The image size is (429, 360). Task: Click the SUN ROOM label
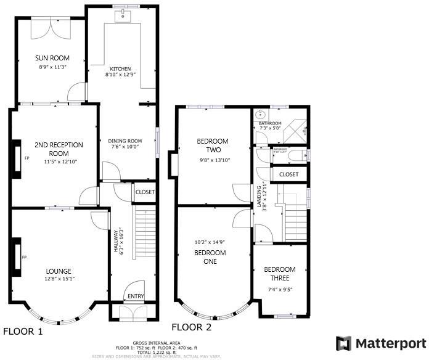(52, 58)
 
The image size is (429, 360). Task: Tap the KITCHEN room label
(120, 68)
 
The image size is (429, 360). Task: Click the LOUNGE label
(59, 271)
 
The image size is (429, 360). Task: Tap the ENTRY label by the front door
(135, 297)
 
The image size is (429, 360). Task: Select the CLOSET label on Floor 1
(145, 192)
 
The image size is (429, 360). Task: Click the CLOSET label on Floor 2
(288, 174)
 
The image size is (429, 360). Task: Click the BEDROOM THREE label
(280, 273)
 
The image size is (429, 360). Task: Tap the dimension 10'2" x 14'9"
(210, 242)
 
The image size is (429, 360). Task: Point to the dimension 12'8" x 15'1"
(59, 279)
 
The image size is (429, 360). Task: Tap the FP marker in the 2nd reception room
(27, 158)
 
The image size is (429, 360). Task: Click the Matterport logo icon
(343, 343)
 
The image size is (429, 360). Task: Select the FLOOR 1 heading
(23, 332)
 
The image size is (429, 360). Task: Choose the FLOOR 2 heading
(191, 327)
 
